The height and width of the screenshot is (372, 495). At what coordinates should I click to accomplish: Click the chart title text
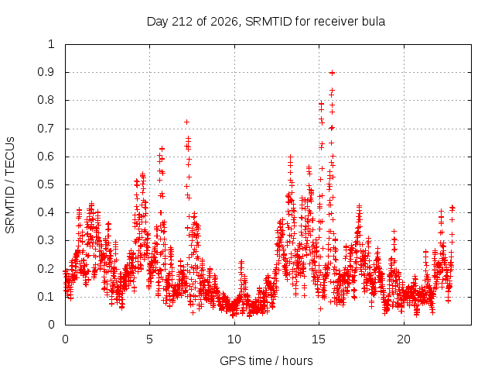[x=266, y=22]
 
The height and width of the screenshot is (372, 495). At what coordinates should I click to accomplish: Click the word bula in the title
[x=374, y=22]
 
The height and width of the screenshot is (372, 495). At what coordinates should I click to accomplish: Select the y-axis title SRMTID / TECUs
[x=10, y=185]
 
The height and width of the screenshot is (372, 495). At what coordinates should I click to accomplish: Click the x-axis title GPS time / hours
[x=266, y=360]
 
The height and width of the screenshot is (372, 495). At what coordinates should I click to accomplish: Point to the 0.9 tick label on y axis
[x=46, y=72]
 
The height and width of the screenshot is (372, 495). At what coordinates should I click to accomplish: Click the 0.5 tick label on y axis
[x=46, y=184]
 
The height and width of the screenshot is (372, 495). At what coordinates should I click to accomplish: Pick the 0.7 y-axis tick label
[x=46, y=129]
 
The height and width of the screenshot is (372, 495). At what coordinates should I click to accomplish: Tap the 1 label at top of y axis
[x=51, y=44]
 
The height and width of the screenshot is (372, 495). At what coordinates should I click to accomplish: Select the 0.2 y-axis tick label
[x=46, y=269]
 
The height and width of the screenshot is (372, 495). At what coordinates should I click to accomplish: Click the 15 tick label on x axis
[x=319, y=339]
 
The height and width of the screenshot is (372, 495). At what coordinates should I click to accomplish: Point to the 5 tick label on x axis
[x=149, y=339]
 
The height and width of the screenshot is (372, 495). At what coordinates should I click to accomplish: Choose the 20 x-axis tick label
[x=404, y=339]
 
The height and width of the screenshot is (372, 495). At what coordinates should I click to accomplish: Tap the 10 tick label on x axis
[x=234, y=339]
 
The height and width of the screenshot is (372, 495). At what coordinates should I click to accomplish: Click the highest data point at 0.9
[x=332, y=73]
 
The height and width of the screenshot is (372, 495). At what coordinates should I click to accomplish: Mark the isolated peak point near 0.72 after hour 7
[x=187, y=122]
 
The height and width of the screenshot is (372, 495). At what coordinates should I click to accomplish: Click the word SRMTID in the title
[x=268, y=22]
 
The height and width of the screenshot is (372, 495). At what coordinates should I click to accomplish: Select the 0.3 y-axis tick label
[x=46, y=240]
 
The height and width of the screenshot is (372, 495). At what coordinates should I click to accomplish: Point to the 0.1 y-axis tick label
[x=46, y=297]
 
